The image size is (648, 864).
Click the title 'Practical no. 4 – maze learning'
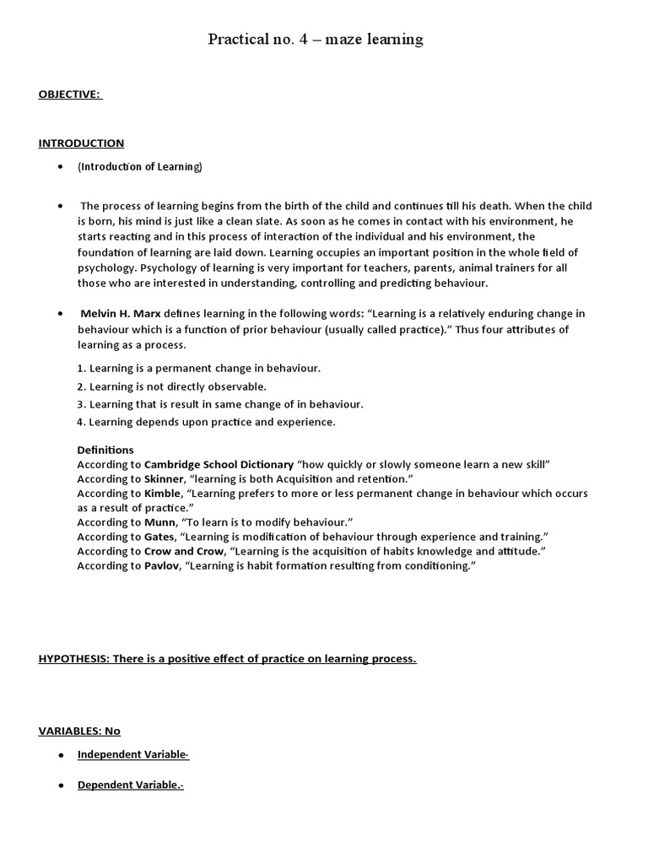pyautogui.click(x=316, y=39)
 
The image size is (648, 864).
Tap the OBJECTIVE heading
pyautogui.click(x=69, y=94)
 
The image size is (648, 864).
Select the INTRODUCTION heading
pyautogui.click(x=81, y=143)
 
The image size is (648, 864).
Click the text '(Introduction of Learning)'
pyautogui.click(x=140, y=166)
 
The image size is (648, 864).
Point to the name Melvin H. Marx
pyautogui.click(x=121, y=313)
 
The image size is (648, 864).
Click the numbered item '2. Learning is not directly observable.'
pyautogui.click(x=171, y=386)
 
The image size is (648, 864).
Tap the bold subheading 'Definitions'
pyautogui.click(x=105, y=450)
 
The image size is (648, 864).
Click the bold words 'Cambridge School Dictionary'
pyautogui.click(x=219, y=464)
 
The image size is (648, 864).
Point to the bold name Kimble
pyautogui.click(x=162, y=493)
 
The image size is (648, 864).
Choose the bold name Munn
pyautogui.click(x=160, y=522)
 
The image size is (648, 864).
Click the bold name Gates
pyautogui.click(x=160, y=537)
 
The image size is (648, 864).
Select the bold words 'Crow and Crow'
pyautogui.click(x=183, y=551)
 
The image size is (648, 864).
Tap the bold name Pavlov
pyautogui.click(x=162, y=565)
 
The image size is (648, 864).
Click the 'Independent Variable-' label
pyautogui.click(x=133, y=754)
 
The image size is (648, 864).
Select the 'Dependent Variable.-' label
pyautogui.click(x=131, y=785)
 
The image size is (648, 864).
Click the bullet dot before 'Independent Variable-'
pyautogui.click(x=61, y=754)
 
